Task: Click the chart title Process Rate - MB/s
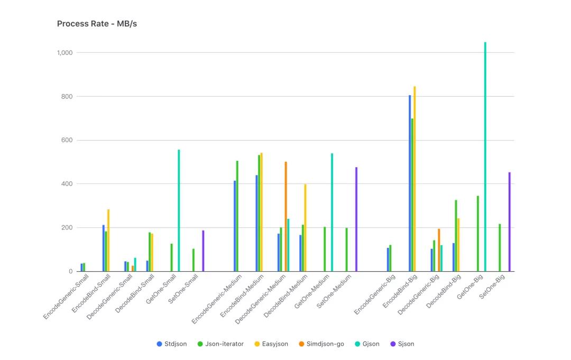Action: pyautogui.click(x=97, y=24)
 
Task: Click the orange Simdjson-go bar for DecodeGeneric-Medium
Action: pyautogui.click(x=286, y=217)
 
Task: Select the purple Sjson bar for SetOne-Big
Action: pyautogui.click(x=509, y=222)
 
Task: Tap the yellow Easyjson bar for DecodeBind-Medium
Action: pyautogui.click(x=305, y=228)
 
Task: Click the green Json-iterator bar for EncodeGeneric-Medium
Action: pyautogui.click(x=237, y=216)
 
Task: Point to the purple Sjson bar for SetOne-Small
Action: pyautogui.click(x=203, y=251)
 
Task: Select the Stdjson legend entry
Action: pyautogui.click(x=172, y=344)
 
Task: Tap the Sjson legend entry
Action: pyautogui.click(x=402, y=344)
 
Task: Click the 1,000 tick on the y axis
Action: pyautogui.click(x=66, y=53)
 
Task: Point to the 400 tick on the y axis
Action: pyautogui.click(x=68, y=184)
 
